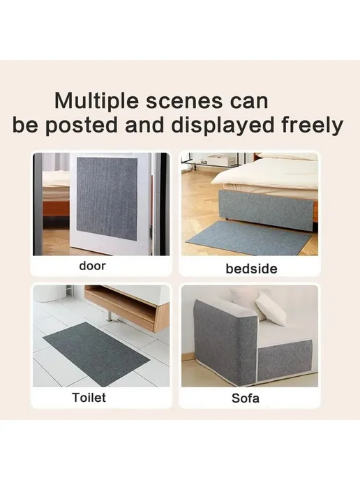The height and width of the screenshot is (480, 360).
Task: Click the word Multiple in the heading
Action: (x=96, y=101)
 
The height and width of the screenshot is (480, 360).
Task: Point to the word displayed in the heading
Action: (x=222, y=126)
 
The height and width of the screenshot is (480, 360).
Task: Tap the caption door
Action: (x=93, y=266)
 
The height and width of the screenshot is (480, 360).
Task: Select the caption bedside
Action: (x=251, y=269)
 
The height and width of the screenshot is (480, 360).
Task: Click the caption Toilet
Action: (x=89, y=398)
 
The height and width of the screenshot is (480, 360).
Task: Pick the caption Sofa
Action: (x=246, y=398)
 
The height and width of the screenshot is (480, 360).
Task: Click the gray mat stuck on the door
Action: (x=107, y=195)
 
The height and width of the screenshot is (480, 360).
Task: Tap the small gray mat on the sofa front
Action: (x=284, y=361)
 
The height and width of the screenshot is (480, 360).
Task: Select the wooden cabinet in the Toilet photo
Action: (x=127, y=308)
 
